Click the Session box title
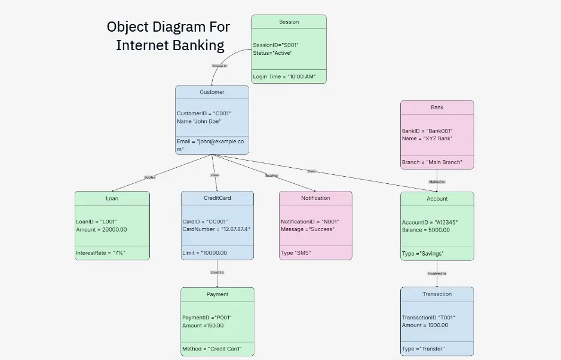click(x=289, y=22)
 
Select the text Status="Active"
click(x=272, y=53)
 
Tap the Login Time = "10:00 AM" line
click(x=284, y=77)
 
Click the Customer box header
click(x=211, y=92)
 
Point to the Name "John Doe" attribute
click(x=199, y=121)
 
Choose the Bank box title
click(x=437, y=107)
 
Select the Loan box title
click(x=112, y=198)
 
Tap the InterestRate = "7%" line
click(x=101, y=253)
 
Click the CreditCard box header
click(x=217, y=198)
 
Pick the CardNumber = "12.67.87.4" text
click(x=216, y=229)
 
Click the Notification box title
click(x=315, y=198)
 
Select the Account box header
click(x=437, y=199)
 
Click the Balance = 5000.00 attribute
click(x=425, y=230)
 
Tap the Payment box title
click(x=217, y=294)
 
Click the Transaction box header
click(x=437, y=294)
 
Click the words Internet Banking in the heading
click(x=170, y=45)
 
